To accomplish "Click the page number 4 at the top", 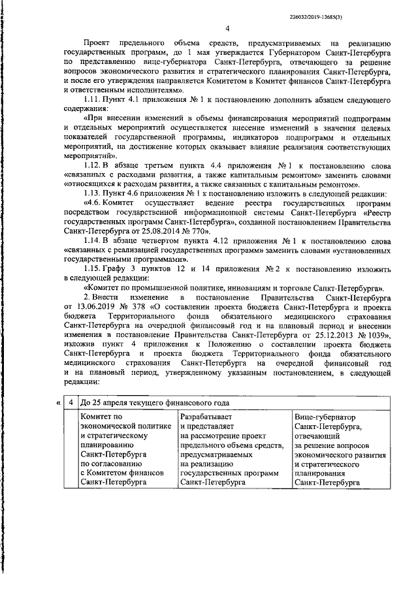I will tap(227, 29).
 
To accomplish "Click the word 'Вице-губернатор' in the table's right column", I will tap(323, 416).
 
